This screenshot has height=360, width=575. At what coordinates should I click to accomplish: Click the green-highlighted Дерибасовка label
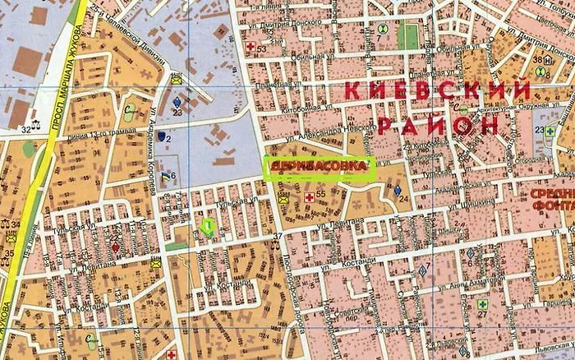pyautogui.click(x=318, y=167)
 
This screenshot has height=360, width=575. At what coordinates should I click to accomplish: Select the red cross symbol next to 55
pyautogui.click(x=309, y=197)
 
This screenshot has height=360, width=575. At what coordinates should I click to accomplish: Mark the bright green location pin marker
pyautogui.click(x=209, y=226)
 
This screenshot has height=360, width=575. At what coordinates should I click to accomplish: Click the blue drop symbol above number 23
pyautogui.click(x=177, y=102)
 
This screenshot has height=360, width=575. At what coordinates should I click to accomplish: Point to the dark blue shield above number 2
pyautogui.click(x=161, y=135)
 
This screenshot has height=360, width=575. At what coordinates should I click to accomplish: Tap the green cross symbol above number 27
pyautogui.click(x=482, y=303)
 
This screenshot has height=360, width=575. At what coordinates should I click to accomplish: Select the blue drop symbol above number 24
pyautogui.click(x=398, y=190)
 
